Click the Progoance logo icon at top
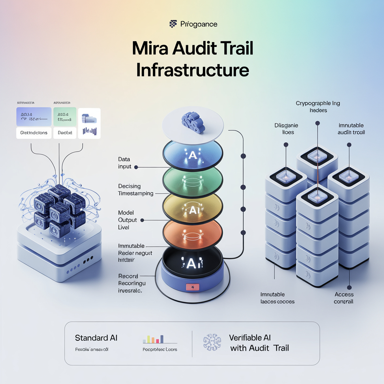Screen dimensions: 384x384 point(173,24)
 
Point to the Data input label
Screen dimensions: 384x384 point(124,163)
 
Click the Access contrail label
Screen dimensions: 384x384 point(344,298)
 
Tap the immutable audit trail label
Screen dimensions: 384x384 point(351,129)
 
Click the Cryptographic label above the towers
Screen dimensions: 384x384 point(318,103)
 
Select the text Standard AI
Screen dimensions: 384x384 point(96,337)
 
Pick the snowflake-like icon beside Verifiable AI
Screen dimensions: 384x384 point(212,342)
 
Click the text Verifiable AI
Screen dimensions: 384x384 point(250,337)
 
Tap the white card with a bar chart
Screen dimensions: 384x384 point(89,123)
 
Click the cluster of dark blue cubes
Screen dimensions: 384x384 point(59,206)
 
